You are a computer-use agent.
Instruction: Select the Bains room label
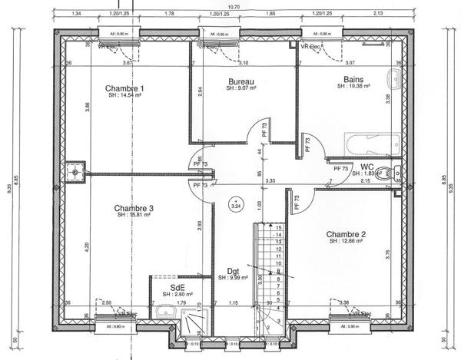(x=353, y=79)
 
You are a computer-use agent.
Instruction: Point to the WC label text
(x=366, y=167)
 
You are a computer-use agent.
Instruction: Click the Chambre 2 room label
(x=345, y=234)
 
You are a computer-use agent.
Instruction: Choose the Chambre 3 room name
(x=134, y=208)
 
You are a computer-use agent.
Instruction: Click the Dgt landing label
(x=234, y=270)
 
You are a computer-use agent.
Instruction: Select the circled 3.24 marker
(x=236, y=206)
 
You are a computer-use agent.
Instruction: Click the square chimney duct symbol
(x=75, y=173)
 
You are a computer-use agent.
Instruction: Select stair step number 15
(x=280, y=228)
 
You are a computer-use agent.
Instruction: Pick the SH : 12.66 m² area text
(x=345, y=242)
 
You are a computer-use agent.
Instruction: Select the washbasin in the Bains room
(x=393, y=78)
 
